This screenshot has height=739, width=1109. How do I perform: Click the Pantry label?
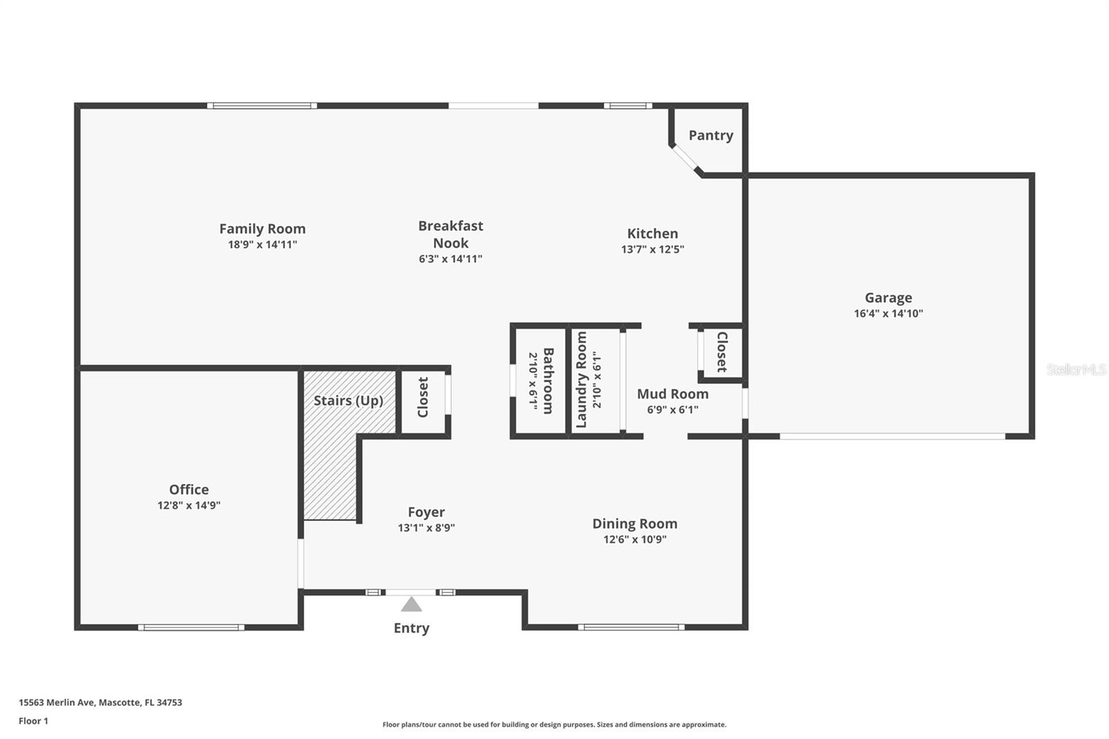point(710,135)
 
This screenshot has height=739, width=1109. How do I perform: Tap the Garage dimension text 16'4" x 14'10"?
point(888,313)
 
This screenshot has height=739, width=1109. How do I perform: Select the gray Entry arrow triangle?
point(411,605)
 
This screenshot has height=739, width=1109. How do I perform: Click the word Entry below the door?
point(411,628)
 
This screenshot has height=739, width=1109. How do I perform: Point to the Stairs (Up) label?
point(348,401)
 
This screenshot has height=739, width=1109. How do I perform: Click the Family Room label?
point(262,229)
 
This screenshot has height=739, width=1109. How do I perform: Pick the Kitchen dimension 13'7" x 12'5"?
point(652,250)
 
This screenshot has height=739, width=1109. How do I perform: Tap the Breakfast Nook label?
point(451,234)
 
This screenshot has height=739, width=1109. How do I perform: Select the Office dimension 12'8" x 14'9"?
point(189,505)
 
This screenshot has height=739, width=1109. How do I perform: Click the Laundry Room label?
point(582,379)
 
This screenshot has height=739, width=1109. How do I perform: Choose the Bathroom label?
point(548,381)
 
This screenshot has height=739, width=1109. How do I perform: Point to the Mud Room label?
point(672,394)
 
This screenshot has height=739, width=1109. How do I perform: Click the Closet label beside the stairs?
point(423,397)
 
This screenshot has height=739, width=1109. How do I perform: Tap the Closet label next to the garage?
point(722,352)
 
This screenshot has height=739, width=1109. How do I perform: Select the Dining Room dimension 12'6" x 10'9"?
point(634,539)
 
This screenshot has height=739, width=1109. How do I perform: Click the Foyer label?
point(426,512)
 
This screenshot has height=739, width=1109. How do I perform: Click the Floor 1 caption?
point(33,721)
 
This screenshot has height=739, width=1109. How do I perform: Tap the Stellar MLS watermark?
point(1076,369)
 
